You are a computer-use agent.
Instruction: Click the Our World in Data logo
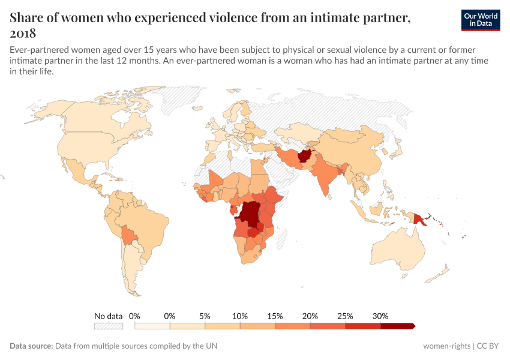pyautogui.click(x=480, y=20)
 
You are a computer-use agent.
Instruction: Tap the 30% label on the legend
pyautogui.click(x=380, y=316)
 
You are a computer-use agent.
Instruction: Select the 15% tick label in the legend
pyautogui.click(x=275, y=316)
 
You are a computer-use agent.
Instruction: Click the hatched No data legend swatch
pyautogui.click(x=108, y=326)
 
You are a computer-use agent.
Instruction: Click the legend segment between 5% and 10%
pyautogui.click(x=223, y=326)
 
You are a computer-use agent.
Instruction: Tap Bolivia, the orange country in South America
pyautogui.click(x=128, y=235)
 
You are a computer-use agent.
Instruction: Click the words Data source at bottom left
pyautogui.click(x=31, y=346)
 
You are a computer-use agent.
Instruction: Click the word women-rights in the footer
pyautogui.click(x=446, y=346)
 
